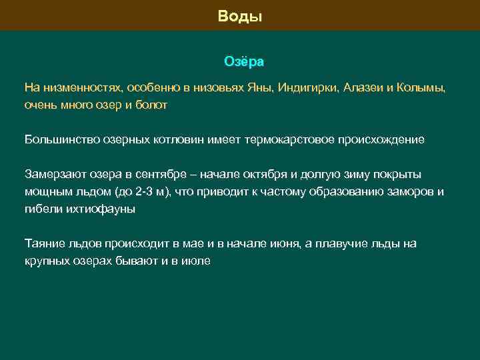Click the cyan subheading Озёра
[243, 61]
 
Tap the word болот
[153, 105]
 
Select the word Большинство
[57, 140]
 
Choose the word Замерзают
[52, 175]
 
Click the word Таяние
[43, 244]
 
